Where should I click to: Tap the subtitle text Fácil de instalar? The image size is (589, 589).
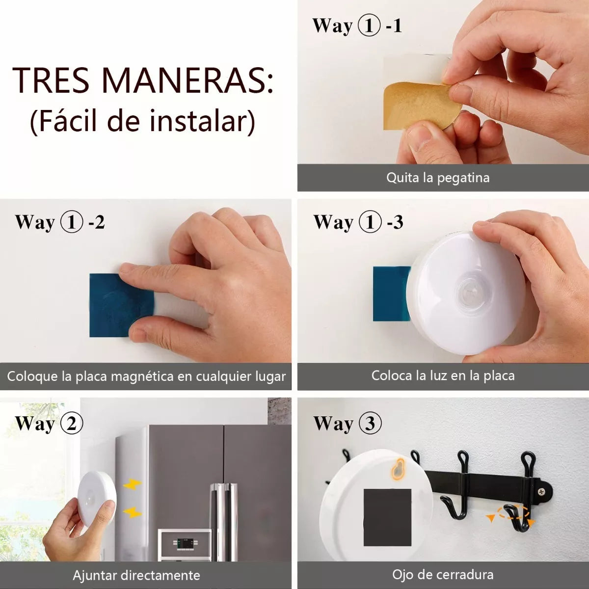coord(143,121)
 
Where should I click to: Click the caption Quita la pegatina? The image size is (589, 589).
coord(438,178)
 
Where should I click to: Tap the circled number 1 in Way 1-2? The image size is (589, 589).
coord(72,222)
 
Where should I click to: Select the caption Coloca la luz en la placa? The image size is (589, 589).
coord(443,375)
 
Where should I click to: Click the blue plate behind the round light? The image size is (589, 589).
coord(391,294)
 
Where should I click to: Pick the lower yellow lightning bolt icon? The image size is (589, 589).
coord(133,512)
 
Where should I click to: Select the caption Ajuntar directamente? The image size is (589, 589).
coord(136,575)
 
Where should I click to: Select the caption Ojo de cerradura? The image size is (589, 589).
coord(443,575)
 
